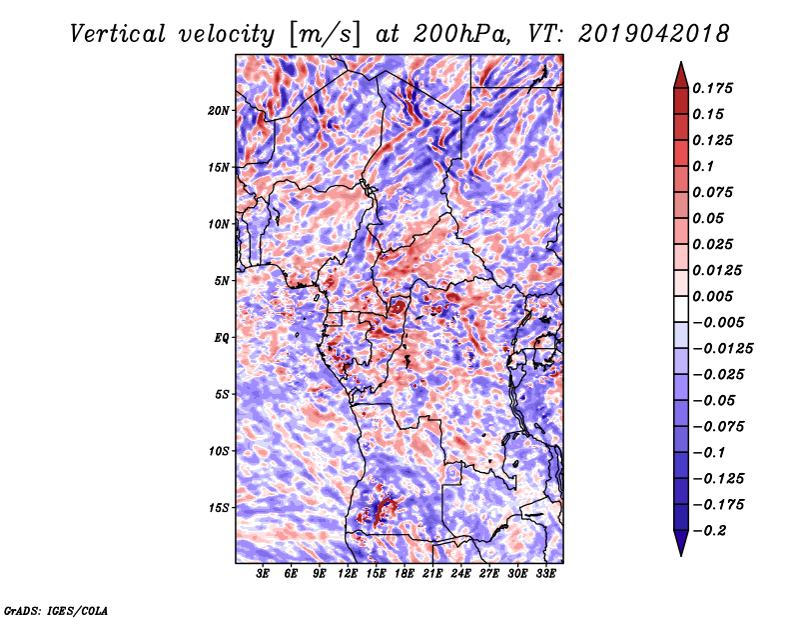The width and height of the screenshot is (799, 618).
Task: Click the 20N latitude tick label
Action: tap(219, 110)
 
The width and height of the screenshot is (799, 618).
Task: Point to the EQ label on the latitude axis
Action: tap(221, 337)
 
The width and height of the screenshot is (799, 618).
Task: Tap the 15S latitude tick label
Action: tap(219, 507)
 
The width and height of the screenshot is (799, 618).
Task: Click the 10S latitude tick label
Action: tap(219, 450)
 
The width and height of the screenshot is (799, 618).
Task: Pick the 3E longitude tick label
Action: tap(264, 574)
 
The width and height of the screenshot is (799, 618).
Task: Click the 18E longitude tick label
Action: tap(403, 574)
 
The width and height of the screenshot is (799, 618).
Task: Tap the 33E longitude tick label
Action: tap(544, 574)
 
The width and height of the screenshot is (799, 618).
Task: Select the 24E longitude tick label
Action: tap(460, 574)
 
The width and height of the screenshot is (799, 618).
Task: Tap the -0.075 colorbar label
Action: tap(716, 426)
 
